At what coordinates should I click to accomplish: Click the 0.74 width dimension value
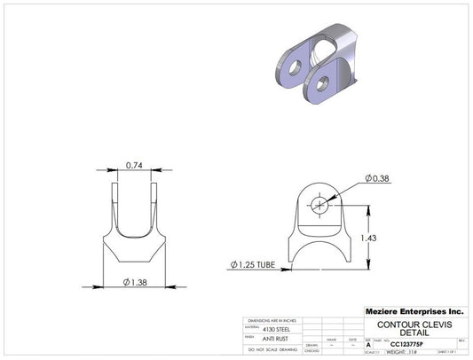click(x=135, y=165)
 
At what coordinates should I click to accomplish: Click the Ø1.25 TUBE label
click(x=256, y=264)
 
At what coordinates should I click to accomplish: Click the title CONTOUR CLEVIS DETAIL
click(x=415, y=329)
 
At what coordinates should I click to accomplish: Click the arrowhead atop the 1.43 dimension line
click(x=367, y=205)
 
